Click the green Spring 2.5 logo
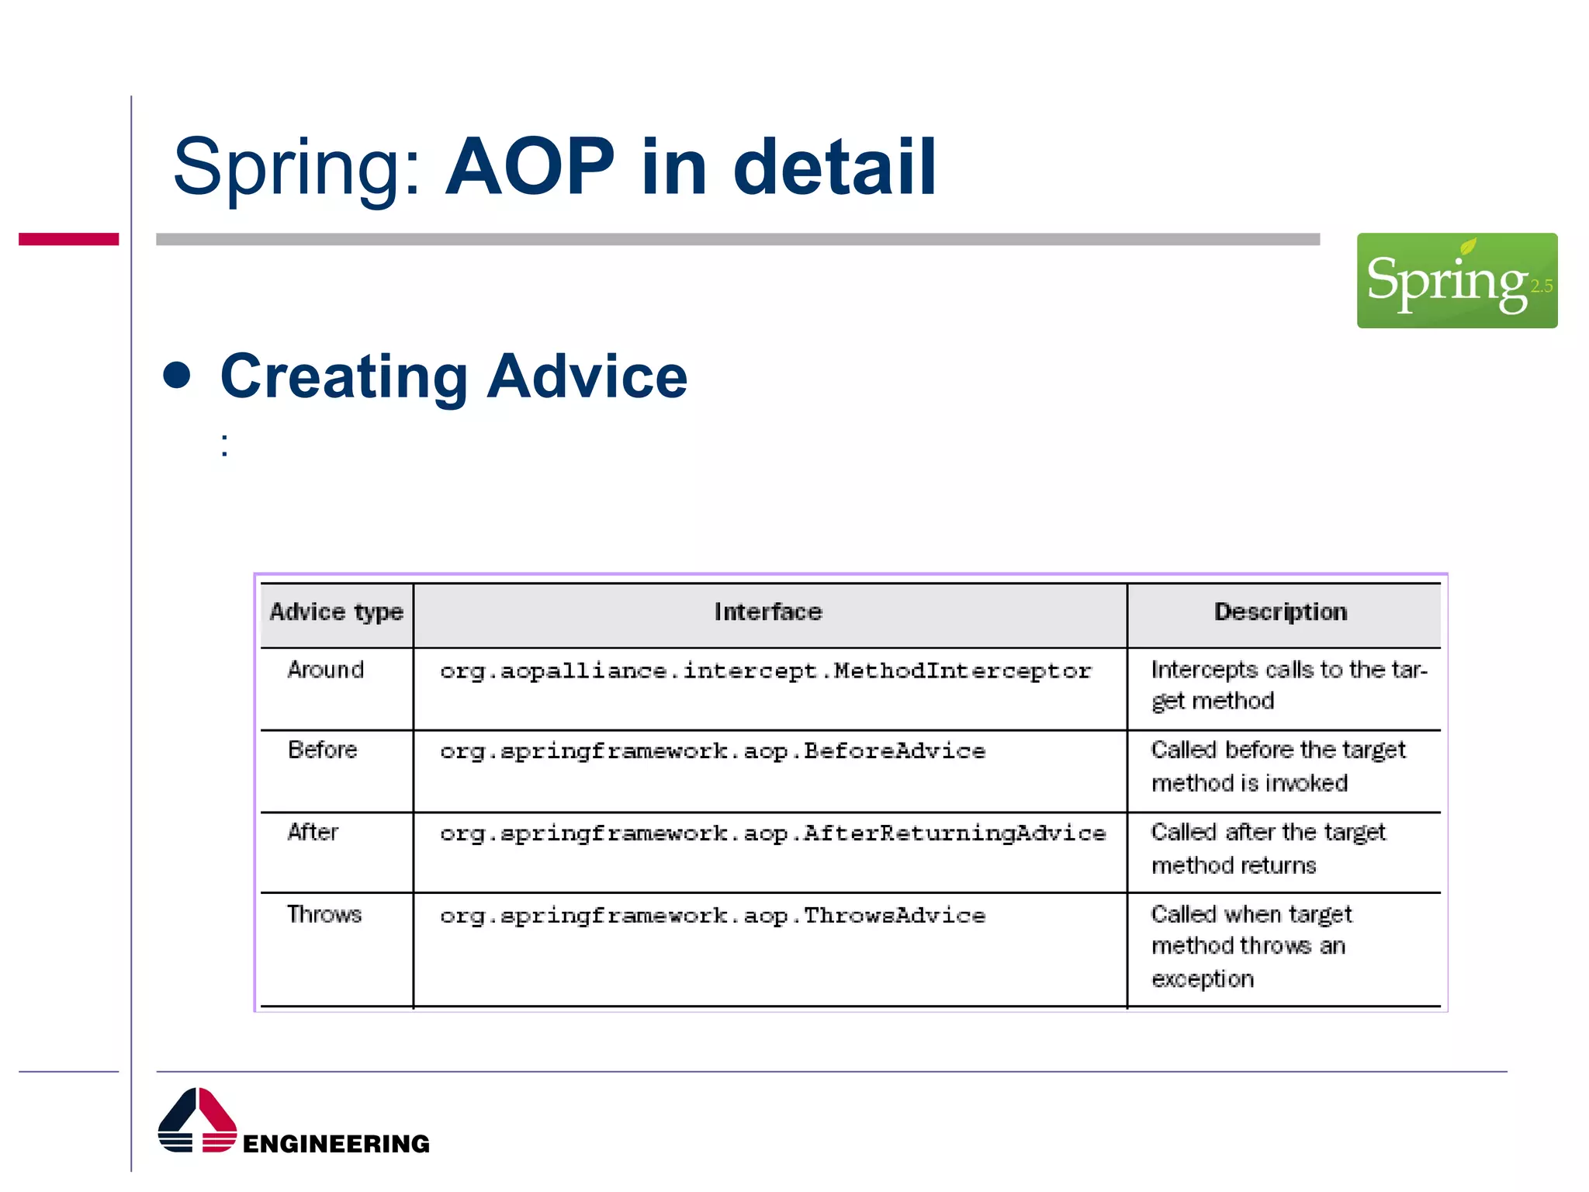point(1456,280)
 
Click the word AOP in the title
point(530,167)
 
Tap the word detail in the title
point(835,167)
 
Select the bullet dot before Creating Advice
point(178,375)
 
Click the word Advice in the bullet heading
point(587,376)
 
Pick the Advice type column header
point(336,612)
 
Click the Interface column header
point(768,612)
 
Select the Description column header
point(1280,612)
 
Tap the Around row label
point(326,670)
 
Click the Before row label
point(323,750)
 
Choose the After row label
point(313,833)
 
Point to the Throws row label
point(324,915)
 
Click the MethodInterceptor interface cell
point(766,671)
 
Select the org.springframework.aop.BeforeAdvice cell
point(712,752)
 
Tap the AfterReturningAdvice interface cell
point(773,834)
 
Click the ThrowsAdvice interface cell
point(712,917)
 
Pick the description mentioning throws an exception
point(1251,946)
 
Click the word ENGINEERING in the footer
point(336,1144)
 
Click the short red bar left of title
point(68,239)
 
